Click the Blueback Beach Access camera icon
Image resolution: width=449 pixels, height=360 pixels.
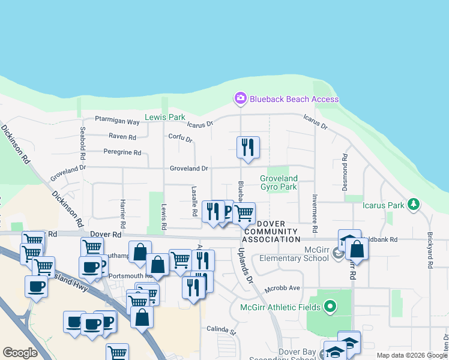point(241,98)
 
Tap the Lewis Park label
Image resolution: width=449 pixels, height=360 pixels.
point(165,117)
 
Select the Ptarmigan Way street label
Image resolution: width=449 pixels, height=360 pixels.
point(117,122)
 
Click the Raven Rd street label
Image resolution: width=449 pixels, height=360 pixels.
point(122,137)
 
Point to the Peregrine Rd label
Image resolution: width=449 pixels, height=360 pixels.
point(122,152)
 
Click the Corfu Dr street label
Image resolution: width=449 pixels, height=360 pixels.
point(180,139)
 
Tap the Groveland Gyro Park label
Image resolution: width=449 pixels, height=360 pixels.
point(279,182)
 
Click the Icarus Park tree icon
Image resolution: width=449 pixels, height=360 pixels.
point(413,205)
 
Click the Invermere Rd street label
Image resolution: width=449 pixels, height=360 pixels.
point(314,213)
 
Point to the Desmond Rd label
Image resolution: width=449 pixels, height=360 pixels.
point(345,173)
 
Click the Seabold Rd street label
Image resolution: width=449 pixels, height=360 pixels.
point(83,146)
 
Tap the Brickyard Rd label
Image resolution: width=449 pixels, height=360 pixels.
point(430,250)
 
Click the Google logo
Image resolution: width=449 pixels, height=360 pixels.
point(20,353)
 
